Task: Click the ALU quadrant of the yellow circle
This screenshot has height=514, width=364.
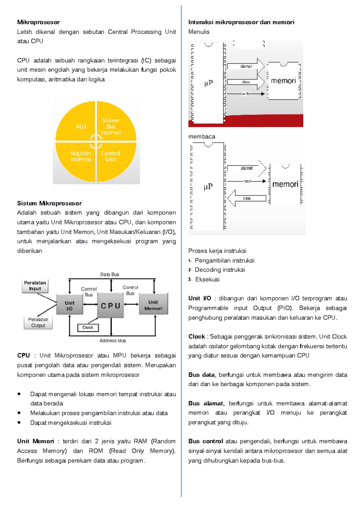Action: point(80,126)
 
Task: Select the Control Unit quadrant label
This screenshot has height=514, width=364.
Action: point(111,156)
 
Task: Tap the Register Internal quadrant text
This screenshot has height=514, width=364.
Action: point(81,156)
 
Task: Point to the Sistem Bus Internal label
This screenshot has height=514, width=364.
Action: point(111,126)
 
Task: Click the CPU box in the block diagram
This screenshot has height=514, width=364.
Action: point(110,305)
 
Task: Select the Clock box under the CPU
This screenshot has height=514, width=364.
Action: point(88,328)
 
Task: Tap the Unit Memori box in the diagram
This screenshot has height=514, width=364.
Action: point(153,305)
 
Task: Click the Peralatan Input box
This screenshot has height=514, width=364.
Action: point(35,286)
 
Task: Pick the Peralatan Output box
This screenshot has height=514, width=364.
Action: point(38,322)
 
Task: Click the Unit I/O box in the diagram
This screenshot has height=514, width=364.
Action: point(69,305)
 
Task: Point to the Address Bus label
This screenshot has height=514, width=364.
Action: point(113,341)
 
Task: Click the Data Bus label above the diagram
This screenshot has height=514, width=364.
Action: point(110,275)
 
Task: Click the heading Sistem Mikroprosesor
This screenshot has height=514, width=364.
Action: point(49,203)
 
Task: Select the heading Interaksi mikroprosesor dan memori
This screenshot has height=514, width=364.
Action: point(241,22)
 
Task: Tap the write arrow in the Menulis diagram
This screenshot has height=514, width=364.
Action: point(246,94)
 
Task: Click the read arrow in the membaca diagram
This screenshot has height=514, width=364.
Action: point(247,181)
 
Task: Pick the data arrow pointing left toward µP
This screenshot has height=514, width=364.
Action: point(247,199)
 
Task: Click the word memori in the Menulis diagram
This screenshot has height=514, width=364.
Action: point(283,81)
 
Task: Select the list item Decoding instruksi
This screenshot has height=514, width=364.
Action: point(220,270)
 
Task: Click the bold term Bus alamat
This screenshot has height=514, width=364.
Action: point(206,403)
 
